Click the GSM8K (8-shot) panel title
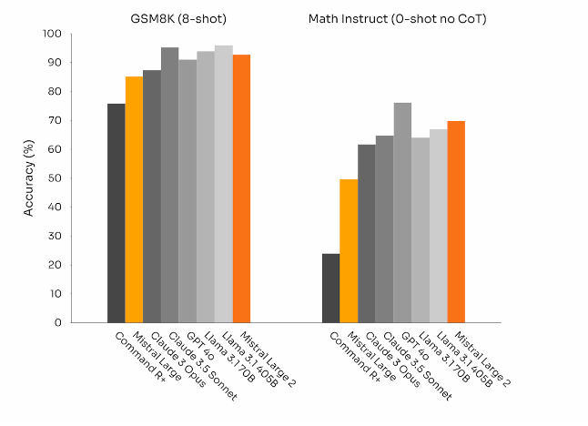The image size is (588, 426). [177, 17]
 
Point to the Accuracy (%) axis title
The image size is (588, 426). [29, 178]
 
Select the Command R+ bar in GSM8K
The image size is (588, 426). [116, 213]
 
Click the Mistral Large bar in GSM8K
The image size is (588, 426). [134, 199]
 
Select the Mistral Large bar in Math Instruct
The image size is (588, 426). [349, 250]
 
